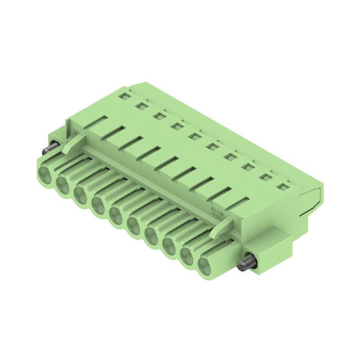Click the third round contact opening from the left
pos(81,194)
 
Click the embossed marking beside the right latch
pos(217,212)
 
